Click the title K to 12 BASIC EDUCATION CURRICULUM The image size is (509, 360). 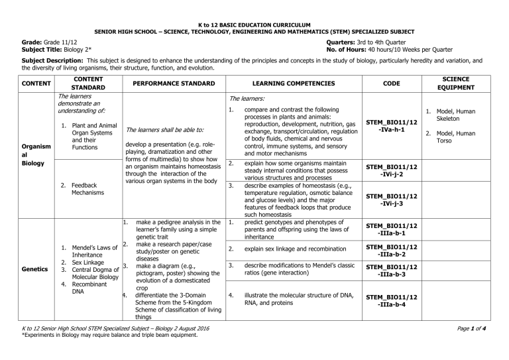pyautogui.click(x=254, y=23)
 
